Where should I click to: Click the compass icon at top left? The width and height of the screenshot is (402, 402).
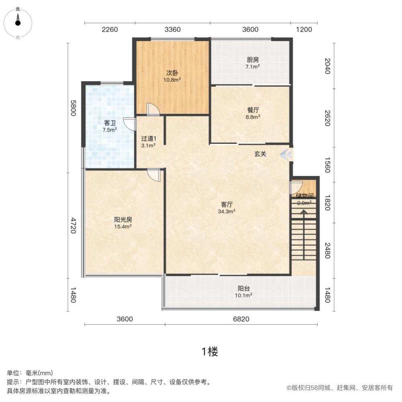pyautogui.click(x=18, y=22)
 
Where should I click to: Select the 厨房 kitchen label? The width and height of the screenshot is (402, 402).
pyautogui.click(x=253, y=60)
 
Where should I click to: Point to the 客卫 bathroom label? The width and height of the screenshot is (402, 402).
pyautogui.click(x=110, y=123)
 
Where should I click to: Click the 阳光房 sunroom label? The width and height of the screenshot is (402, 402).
pyautogui.click(x=123, y=220)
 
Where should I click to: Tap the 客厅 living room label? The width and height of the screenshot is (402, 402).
pyautogui.click(x=227, y=204)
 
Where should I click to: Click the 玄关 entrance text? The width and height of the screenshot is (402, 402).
pyautogui.click(x=260, y=154)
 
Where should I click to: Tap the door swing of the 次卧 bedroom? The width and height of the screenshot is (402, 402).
pyautogui.click(x=153, y=109)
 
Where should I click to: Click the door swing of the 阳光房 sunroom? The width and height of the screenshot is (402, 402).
pyautogui.click(x=154, y=175)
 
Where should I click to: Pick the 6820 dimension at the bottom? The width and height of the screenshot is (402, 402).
pyautogui.click(x=241, y=319)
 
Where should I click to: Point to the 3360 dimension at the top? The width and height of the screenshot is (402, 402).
pyautogui.click(x=172, y=29)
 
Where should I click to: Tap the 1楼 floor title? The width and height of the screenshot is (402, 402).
pyautogui.click(x=209, y=352)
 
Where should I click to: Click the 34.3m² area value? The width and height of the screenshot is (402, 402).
pyautogui.click(x=227, y=211)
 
